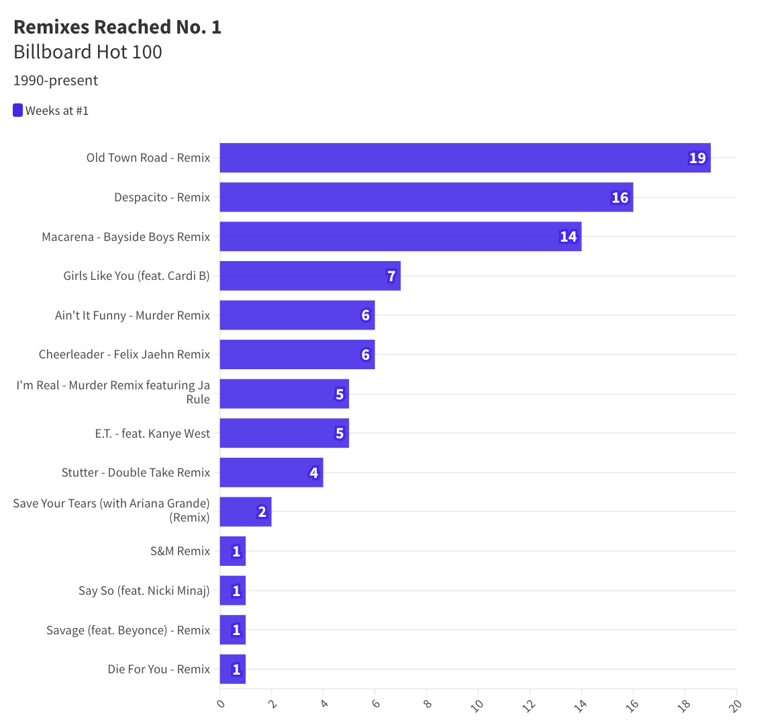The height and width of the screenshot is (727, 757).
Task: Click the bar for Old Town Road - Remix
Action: [464, 158]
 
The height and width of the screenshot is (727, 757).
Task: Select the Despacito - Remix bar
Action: [426, 197]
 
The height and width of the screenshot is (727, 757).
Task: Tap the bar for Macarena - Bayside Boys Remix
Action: [400, 237]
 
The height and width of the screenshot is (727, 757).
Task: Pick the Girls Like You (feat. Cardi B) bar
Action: [309, 276]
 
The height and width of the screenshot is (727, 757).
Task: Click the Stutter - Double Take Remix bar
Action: [271, 473]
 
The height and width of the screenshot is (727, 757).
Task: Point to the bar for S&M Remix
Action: [232, 551]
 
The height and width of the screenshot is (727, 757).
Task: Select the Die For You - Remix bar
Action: [232, 669]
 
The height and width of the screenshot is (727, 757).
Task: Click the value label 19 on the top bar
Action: [697, 158]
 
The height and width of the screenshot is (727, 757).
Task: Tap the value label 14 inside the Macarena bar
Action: [568, 237]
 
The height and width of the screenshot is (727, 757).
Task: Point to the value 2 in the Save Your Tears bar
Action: [262, 512]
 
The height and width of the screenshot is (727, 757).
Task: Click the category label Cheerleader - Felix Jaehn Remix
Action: [124, 354]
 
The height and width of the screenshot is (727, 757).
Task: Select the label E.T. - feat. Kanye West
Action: [152, 434]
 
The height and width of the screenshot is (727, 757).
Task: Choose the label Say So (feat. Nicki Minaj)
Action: [144, 591]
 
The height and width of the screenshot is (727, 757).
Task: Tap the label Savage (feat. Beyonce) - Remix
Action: [128, 630]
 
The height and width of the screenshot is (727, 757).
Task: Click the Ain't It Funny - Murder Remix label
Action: [132, 316]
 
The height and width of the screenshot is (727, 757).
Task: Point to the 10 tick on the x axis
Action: [477, 706]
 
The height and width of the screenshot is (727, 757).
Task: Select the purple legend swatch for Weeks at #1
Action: [18, 111]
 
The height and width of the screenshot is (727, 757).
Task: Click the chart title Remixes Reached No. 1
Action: [117, 27]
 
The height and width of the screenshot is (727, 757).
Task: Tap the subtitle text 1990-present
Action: [56, 81]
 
